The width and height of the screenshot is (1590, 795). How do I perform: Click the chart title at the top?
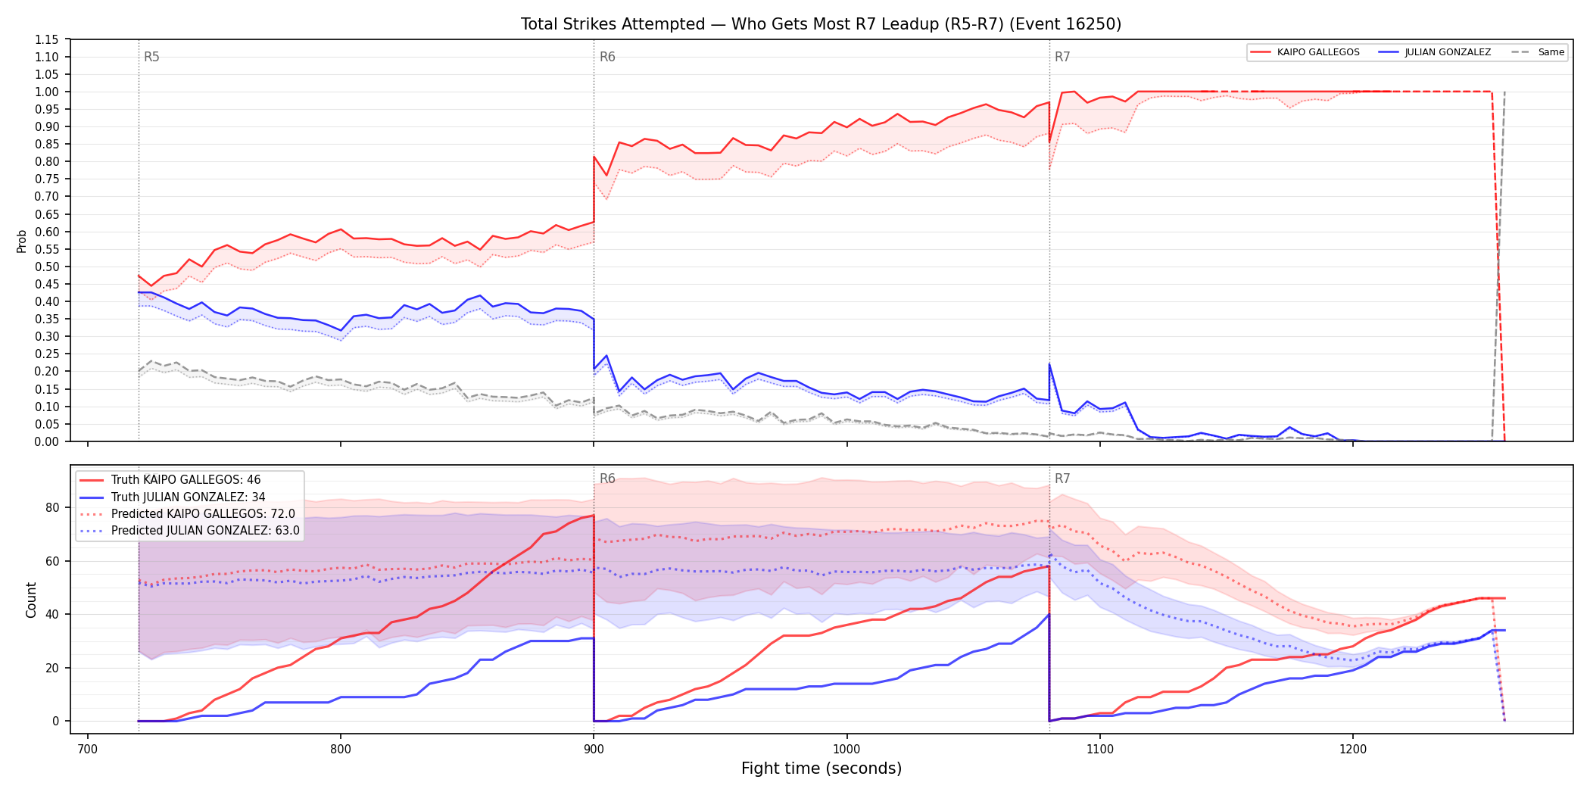[x=821, y=24]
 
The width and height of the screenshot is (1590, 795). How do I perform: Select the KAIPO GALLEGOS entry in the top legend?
[x=1317, y=52]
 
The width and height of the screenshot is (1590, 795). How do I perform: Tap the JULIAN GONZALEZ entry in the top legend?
[x=1448, y=52]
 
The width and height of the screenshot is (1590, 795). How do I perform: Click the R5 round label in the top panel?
[x=151, y=58]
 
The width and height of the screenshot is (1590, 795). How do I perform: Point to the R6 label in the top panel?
[x=607, y=58]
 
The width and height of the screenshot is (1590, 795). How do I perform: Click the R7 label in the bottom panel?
[x=1062, y=479]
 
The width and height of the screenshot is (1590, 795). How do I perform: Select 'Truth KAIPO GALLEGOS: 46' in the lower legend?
[x=185, y=480]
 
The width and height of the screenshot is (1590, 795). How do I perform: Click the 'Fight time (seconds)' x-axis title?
[x=821, y=768]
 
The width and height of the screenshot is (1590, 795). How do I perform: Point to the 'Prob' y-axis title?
[x=22, y=241]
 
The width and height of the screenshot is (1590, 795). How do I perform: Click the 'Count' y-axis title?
[x=31, y=600]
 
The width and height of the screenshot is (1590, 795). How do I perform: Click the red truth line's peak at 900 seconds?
[x=594, y=516]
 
